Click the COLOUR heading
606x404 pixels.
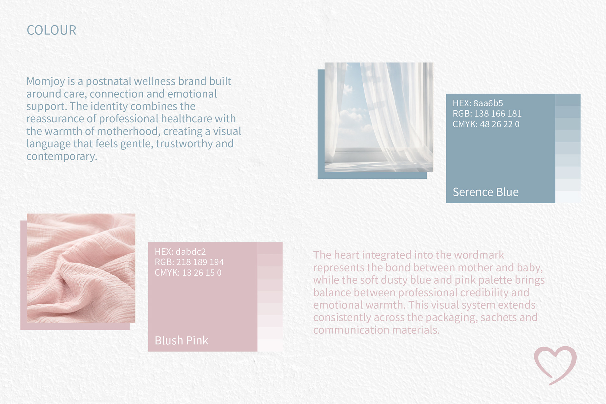tap(51, 30)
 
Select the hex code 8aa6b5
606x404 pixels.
tap(488, 103)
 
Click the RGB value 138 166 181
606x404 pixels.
tap(498, 114)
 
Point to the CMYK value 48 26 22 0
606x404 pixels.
tap(499, 124)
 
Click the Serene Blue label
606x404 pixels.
tap(485, 192)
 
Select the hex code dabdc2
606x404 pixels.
tap(191, 252)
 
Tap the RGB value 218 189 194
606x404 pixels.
tap(200, 262)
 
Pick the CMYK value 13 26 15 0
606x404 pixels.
tap(202, 273)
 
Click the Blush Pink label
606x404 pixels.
tap(181, 340)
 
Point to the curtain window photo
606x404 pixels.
tap(378, 117)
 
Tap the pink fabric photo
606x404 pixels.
tap(81, 268)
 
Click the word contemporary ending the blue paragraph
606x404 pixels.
tap(62, 157)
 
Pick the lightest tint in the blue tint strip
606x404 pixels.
tap(568, 197)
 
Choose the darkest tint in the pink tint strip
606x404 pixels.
tap(270, 248)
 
